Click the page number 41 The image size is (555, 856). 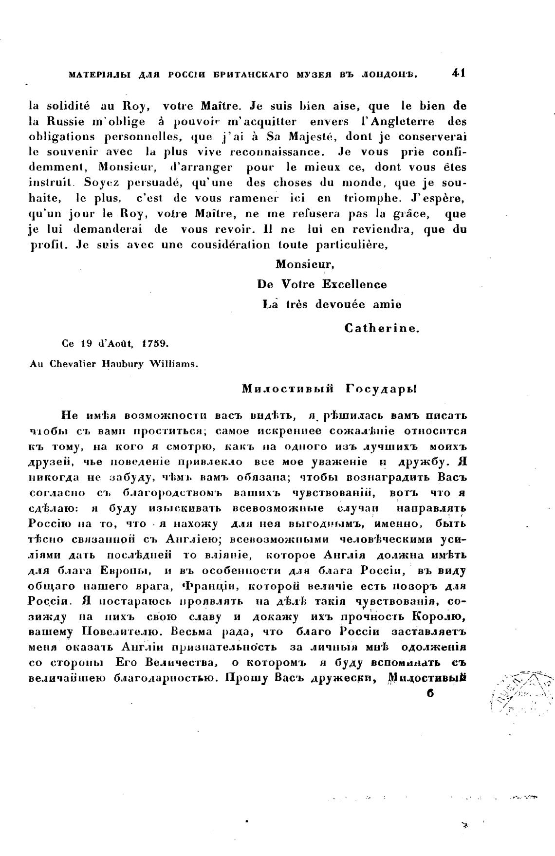[459, 73]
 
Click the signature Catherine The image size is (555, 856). [382, 328]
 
